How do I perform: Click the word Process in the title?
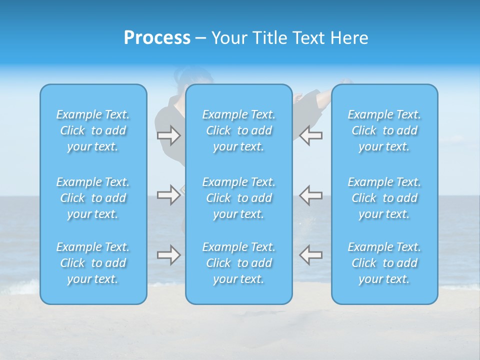(157, 38)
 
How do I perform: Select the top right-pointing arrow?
(168, 135)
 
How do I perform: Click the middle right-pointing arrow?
(168, 194)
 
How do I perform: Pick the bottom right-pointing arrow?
(168, 255)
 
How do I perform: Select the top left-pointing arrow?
(311, 135)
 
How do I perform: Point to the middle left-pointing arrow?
(311, 194)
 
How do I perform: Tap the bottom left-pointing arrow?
(311, 255)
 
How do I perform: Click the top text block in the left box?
(93, 130)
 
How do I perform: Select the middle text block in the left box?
(93, 198)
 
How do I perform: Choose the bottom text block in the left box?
(93, 263)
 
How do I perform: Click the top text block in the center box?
(239, 130)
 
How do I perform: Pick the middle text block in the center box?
(239, 198)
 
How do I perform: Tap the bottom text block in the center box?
(239, 263)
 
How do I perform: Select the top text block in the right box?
(384, 130)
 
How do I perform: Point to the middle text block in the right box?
(384, 198)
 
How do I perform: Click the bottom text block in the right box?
(384, 263)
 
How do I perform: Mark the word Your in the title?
(229, 38)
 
